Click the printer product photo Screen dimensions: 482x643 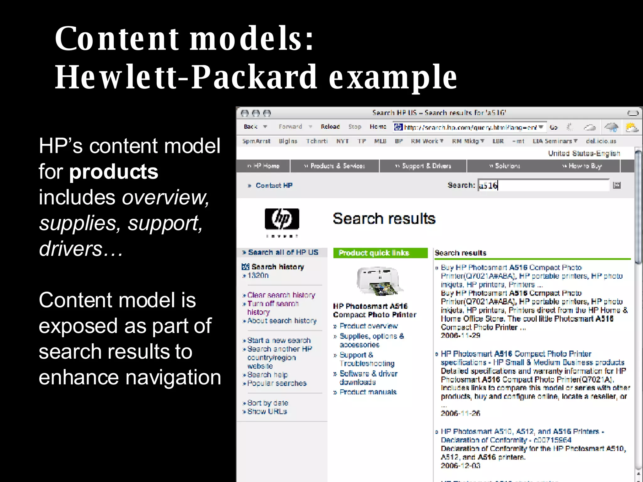click(x=379, y=281)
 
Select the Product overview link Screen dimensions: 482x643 click(x=368, y=326)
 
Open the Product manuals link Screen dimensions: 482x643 click(x=368, y=392)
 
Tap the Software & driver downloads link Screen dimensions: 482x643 click(x=368, y=378)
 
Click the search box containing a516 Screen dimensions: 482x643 click(x=543, y=185)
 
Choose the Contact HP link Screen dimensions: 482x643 click(x=274, y=185)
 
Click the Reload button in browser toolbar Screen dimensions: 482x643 click(x=330, y=126)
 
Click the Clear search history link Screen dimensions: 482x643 click(x=281, y=295)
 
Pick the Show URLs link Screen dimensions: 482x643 click(x=267, y=411)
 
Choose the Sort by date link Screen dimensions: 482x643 click(x=267, y=403)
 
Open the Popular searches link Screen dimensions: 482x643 click(x=277, y=383)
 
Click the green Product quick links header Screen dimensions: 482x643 click(x=380, y=253)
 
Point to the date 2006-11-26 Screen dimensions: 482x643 click(x=460, y=413)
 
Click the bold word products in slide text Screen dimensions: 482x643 click(x=114, y=172)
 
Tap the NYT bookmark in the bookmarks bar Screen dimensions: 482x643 click(x=342, y=141)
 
